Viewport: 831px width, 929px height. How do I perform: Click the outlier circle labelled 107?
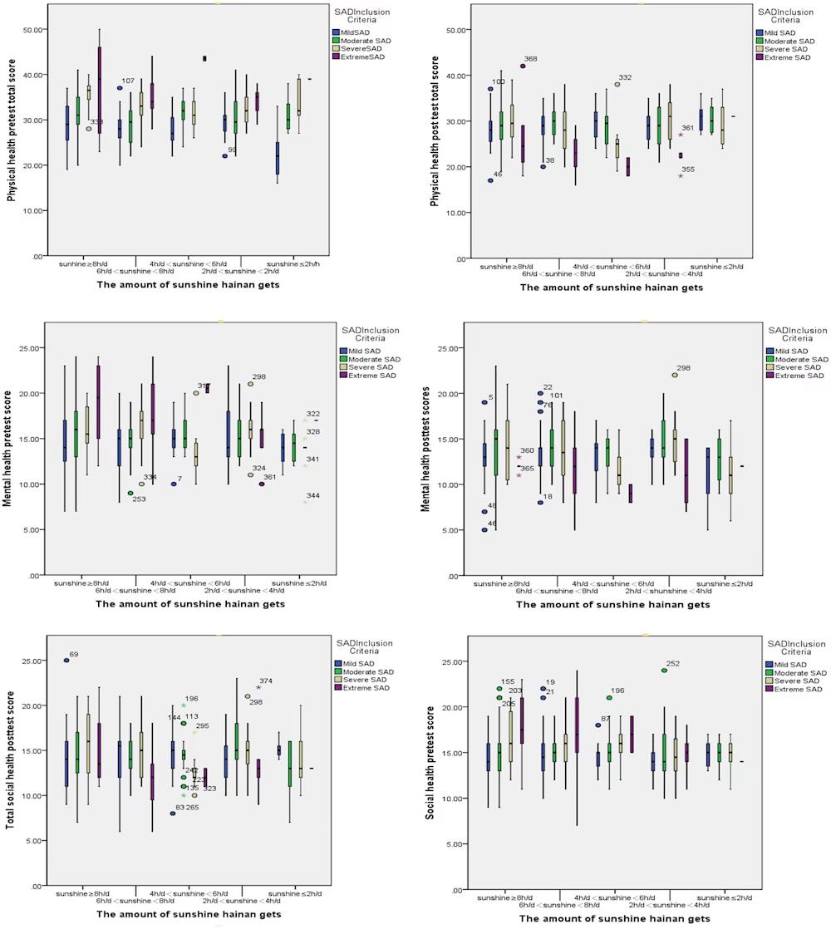[120, 87]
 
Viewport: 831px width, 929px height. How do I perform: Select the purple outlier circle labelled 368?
[523, 66]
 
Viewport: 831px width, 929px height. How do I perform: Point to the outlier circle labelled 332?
[617, 84]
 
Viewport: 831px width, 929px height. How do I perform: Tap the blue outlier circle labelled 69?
[66, 661]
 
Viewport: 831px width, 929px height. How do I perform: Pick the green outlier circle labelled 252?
[664, 671]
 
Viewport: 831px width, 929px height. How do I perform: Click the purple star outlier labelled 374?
[258, 687]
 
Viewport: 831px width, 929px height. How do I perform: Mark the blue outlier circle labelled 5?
[484, 402]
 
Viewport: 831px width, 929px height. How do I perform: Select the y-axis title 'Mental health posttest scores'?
[425, 449]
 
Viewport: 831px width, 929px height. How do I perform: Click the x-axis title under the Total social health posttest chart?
[190, 913]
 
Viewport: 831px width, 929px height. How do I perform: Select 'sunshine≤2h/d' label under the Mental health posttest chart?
[721, 585]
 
